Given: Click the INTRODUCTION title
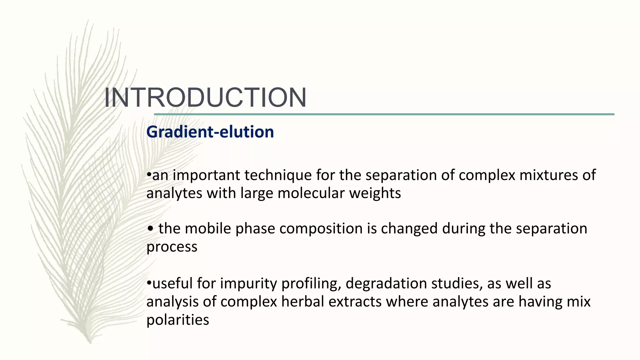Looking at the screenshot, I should click(205, 97).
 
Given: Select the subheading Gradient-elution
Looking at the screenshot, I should click(210, 132).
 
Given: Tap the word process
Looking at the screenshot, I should click(172, 247).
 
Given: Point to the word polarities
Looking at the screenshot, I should click(177, 320).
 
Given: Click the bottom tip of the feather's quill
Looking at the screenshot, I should click(90, 343).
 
